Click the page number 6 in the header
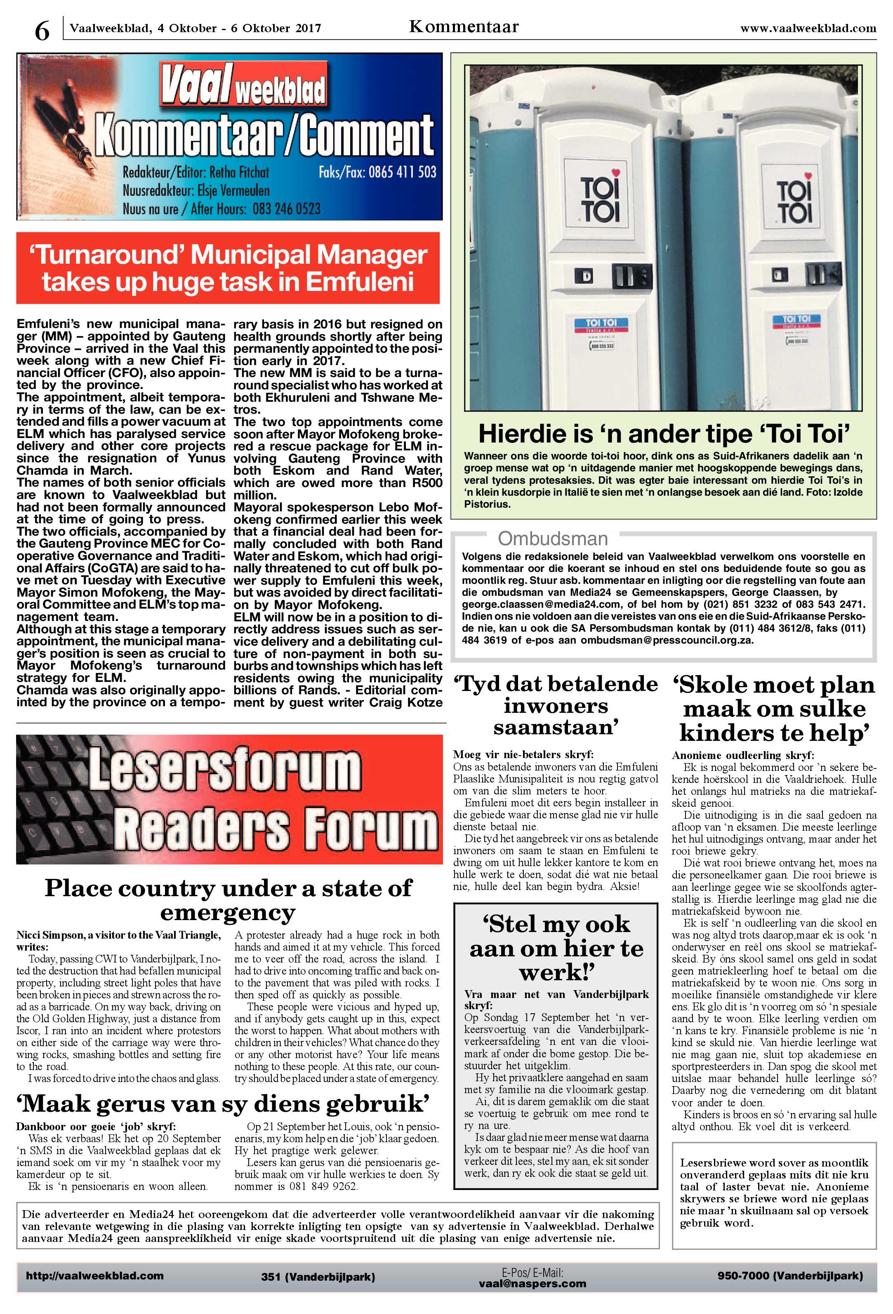pyautogui.click(x=42, y=30)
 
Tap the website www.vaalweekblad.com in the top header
pyautogui.click(x=808, y=28)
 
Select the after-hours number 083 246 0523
pyautogui.click(x=286, y=209)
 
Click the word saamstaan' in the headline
pyautogui.click(x=555, y=728)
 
